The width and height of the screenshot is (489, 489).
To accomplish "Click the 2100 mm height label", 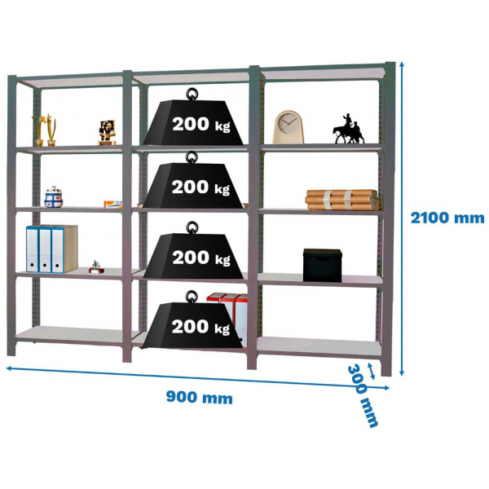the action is point(447,218).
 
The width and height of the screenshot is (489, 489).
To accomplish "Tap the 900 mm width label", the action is point(200,398).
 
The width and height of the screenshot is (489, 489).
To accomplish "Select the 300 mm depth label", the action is point(363,395).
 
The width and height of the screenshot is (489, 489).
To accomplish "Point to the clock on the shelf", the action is point(289,127).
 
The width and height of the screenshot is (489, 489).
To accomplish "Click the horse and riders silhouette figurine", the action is point(349,129).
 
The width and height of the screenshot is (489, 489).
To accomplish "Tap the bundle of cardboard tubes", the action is point(342,200).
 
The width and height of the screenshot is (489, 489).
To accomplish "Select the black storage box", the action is point(323,265).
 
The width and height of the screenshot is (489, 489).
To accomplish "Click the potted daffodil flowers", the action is point(44,130).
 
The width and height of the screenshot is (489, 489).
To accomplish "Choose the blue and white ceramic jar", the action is point(54,197).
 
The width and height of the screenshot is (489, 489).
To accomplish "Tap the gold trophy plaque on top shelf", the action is point(108,132).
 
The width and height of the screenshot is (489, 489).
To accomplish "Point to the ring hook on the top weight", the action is point(192,94).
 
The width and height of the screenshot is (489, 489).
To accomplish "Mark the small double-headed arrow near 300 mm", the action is point(371,371).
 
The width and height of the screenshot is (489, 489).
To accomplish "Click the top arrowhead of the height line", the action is point(402,64).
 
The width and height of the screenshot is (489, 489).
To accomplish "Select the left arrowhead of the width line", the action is point(9,368).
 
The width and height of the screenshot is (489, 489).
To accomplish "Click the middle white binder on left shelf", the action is point(45,249).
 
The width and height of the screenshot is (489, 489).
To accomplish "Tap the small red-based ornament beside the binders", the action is point(96,267).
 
